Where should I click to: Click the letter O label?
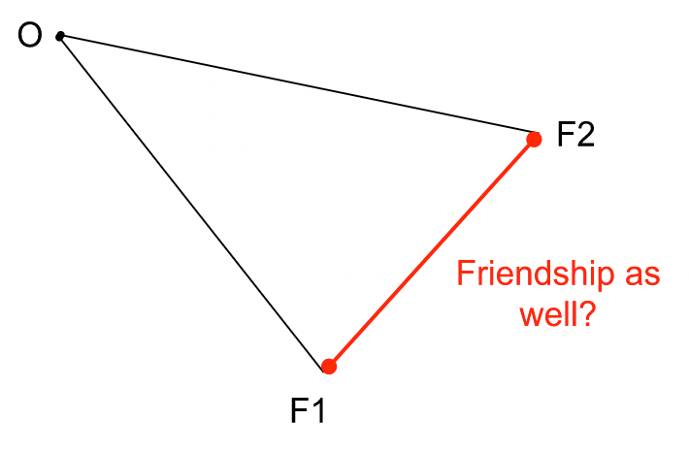30,36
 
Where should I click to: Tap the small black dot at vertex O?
60,37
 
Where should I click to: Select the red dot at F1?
329,367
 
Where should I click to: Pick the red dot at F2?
534,139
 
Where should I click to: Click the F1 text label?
308,412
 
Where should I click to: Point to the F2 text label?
574,134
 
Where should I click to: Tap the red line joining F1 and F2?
432,252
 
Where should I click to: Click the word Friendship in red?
534,276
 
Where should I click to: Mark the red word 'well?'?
557,315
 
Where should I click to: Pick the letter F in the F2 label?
564,134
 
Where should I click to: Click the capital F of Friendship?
465,274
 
